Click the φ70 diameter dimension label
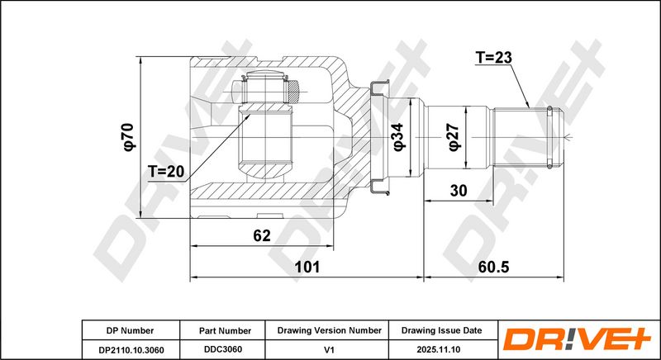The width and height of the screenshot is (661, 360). [130, 137]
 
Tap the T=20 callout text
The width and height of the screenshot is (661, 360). [166, 172]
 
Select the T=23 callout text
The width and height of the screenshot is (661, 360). [493, 57]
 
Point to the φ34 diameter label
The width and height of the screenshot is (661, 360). [398, 137]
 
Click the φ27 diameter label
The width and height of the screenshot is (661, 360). [454, 137]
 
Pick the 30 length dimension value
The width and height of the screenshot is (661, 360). [459, 191]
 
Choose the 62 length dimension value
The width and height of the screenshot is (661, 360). [262, 236]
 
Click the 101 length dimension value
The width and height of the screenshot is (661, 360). [307, 267]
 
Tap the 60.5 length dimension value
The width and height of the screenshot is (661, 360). [493, 267]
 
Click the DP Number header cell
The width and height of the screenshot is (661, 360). [130, 331]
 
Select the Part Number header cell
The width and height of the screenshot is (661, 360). [225, 331]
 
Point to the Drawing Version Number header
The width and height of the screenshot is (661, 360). [329, 330]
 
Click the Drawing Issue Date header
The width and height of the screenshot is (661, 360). [441, 330]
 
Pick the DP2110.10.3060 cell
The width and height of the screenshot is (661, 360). [131, 350]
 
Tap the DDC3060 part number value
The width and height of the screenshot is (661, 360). [223, 349]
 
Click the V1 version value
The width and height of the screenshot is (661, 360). [330, 350]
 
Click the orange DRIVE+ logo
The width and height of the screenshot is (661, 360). [577, 339]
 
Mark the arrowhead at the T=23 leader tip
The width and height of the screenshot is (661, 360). [527, 105]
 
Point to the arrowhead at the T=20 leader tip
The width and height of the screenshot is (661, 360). [248, 116]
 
